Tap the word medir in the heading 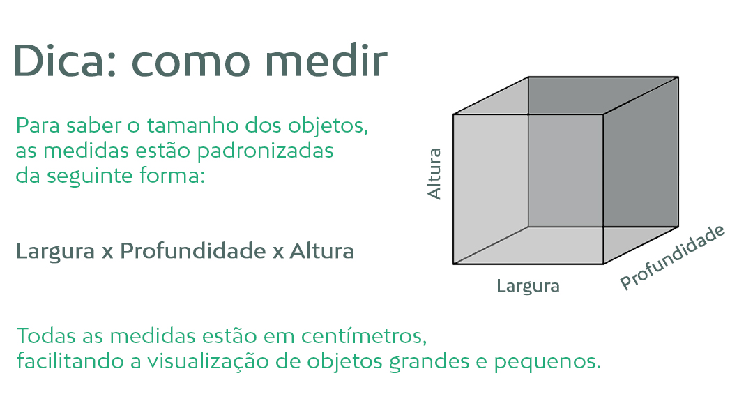coord(326,61)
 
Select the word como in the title coord(190,64)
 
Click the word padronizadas coord(265,151)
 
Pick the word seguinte coord(91,176)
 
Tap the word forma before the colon coord(169,175)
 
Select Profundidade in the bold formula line coord(192,250)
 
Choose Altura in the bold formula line coord(321,250)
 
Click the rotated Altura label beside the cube coord(434,174)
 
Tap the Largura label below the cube coord(528,286)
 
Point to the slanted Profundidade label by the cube coord(672,257)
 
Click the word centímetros coord(363,335)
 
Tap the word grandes coord(429,362)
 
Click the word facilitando coord(70,361)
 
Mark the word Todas coord(47,335)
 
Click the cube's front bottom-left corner coord(453,264)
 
